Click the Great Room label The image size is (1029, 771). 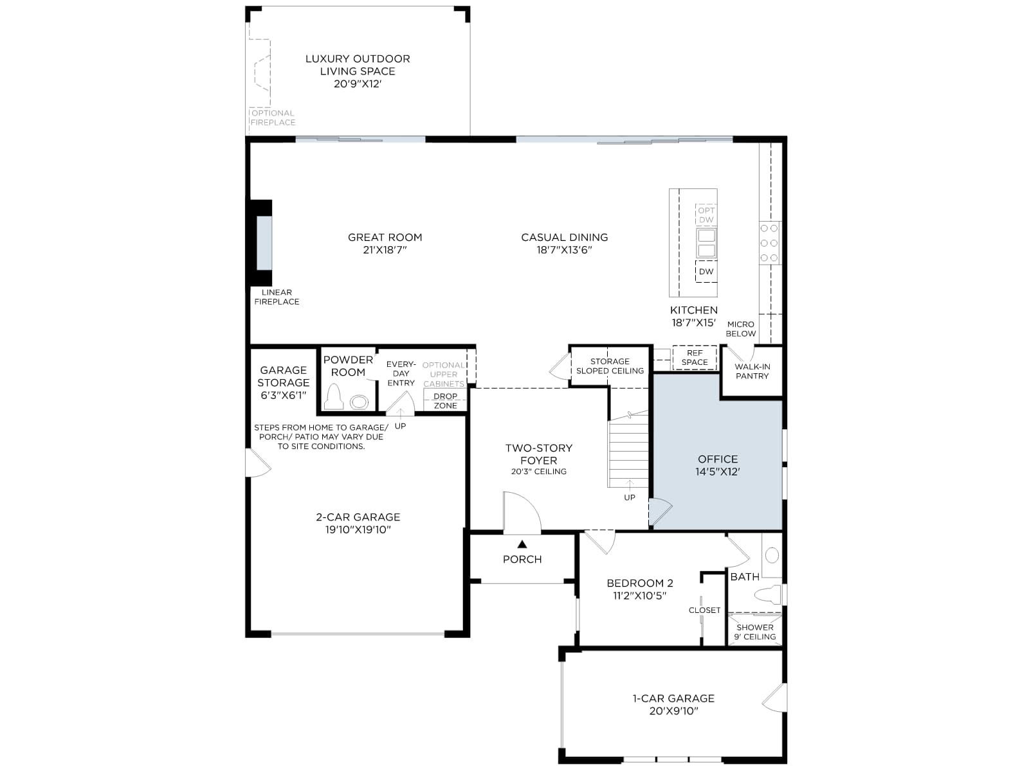point(385,237)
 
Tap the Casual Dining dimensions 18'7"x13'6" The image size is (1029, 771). point(565,250)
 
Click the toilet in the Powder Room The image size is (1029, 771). point(334,397)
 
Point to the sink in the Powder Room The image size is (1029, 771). point(360,402)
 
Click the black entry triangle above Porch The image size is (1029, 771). point(522,544)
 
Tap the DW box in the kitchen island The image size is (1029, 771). point(706,272)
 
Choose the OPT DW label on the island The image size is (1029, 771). point(706,215)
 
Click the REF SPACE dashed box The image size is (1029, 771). point(695,358)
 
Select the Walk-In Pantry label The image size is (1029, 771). point(752,371)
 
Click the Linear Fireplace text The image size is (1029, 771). point(277,297)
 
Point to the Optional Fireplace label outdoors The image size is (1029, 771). point(273,118)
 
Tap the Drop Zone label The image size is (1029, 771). point(445,401)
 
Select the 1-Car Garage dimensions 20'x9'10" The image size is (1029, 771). point(673,711)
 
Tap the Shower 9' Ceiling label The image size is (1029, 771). point(755,632)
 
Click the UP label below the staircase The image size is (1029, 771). point(630,497)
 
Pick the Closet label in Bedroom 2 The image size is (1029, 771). point(704,610)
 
